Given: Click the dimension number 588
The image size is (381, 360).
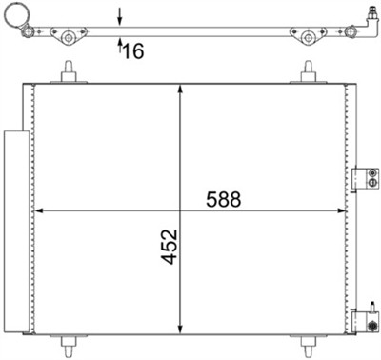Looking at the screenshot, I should pos(225,200).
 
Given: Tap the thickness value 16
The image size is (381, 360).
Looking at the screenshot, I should pos(133,50).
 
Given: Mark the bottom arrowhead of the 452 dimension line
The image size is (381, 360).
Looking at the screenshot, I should pos(181,323).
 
